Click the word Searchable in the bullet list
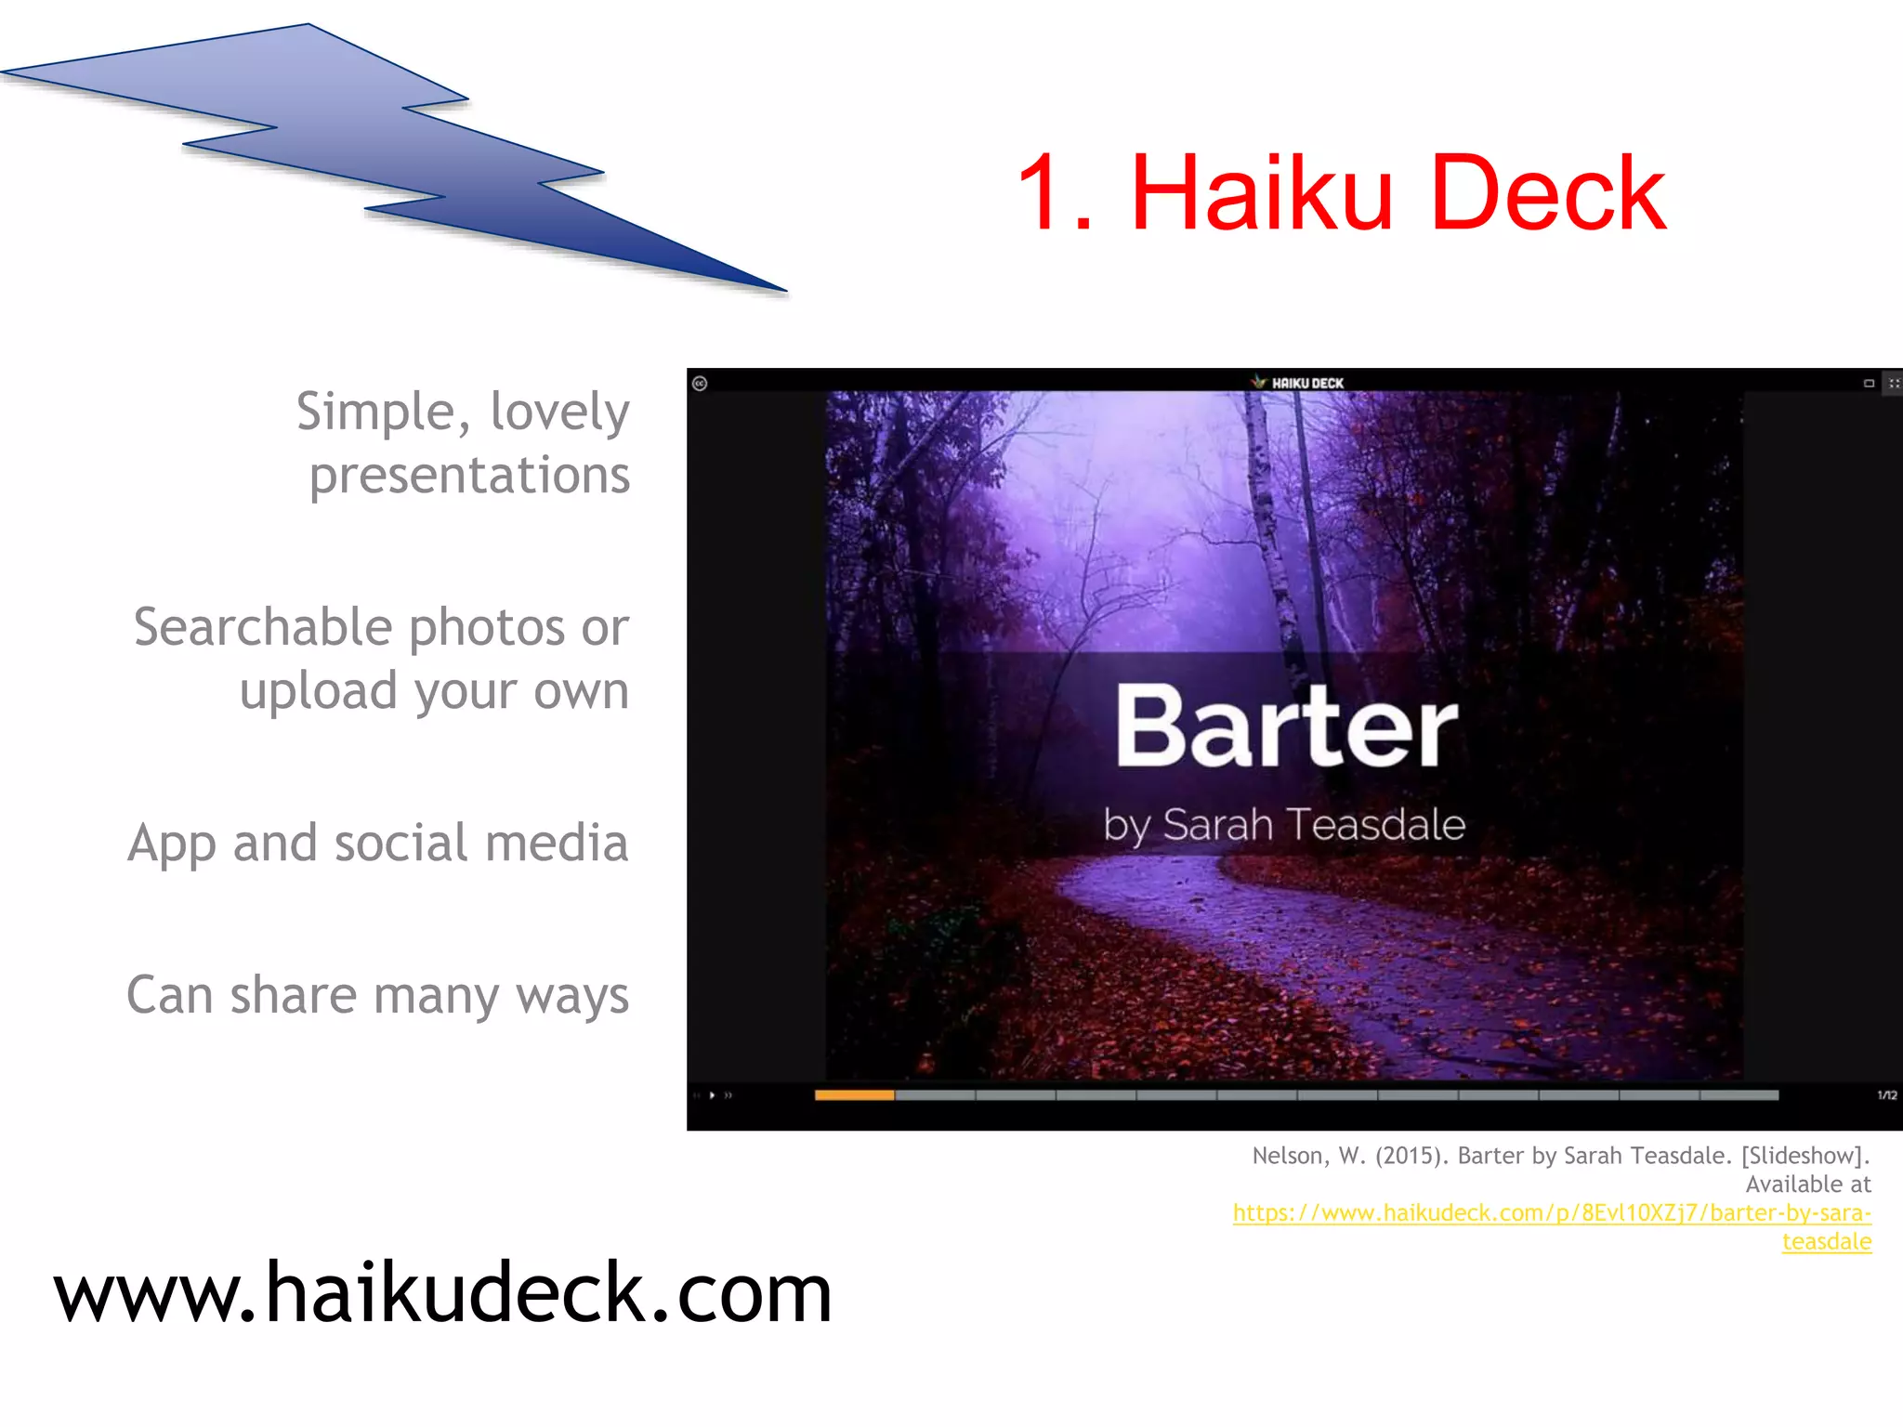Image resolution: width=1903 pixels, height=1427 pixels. point(263,627)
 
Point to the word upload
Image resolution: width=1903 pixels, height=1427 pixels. point(318,692)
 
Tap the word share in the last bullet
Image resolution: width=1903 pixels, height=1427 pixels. point(293,995)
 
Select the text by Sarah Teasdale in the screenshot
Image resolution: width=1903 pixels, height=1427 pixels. point(1284,825)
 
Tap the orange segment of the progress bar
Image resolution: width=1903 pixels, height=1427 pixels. point(853,1095)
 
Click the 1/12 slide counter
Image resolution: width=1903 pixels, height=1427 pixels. point(1886,1095)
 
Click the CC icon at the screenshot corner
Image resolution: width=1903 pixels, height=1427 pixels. point(700,384)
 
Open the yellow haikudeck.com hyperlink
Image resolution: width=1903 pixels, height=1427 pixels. point(1552,1213)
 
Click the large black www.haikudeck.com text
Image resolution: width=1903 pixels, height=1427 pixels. point(442,1293)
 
